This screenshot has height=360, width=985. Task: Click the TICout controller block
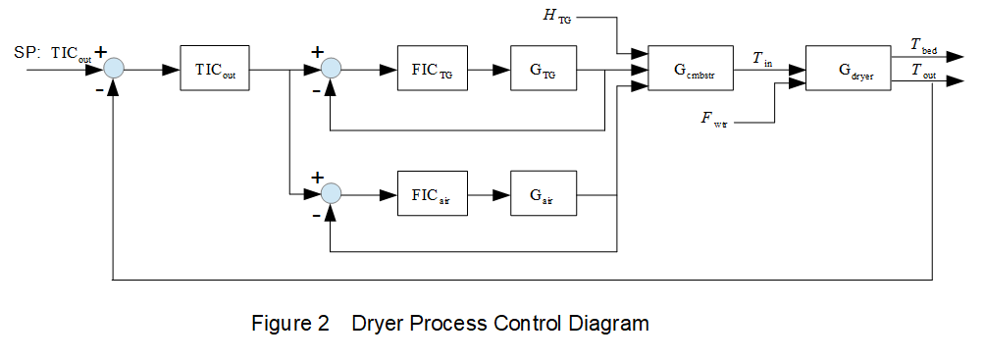pyautogui.click(x=214, y=69)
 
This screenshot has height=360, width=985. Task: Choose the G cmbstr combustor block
pyautogui.click(x=693, y=69)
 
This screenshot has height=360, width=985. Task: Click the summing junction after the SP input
pyautogui.click(x=115, y=69)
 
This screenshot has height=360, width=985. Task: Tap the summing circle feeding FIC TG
pyautogui.click(x=331, y=69)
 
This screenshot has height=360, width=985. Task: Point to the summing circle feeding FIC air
pyautogui.click(x=331, y=192)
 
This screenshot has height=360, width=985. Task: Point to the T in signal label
pyautogui.click(x=762, y=59)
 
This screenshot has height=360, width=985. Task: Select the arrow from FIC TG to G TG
pyautogui.click(x=488, y=69)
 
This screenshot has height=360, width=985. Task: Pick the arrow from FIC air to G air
pyautogui.click(x=488, y=192)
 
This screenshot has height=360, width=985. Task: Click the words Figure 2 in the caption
pyautogui.click(x=289, y=324)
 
